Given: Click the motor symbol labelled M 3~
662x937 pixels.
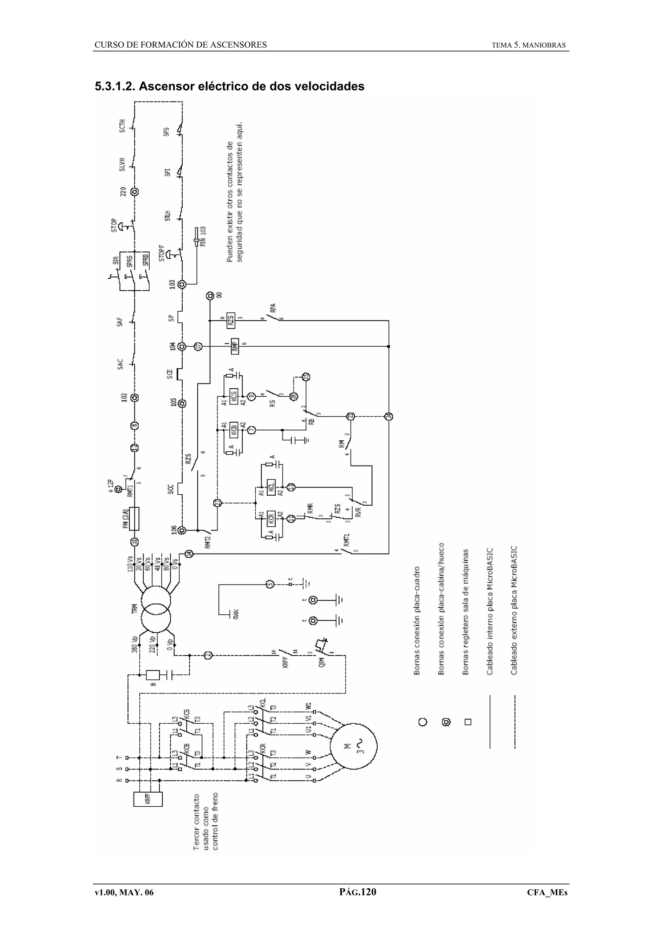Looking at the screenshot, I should click(354, 747).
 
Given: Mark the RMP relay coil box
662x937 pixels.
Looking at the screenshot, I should click(235, 346).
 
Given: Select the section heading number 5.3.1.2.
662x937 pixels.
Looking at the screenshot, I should click(115, 87).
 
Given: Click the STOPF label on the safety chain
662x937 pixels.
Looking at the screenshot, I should click(162, 253).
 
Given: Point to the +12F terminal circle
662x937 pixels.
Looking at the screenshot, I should click(119, 489).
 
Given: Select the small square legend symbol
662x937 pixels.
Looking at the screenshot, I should click(468, 722).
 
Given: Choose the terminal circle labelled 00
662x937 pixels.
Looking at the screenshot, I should click(210, 296).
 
